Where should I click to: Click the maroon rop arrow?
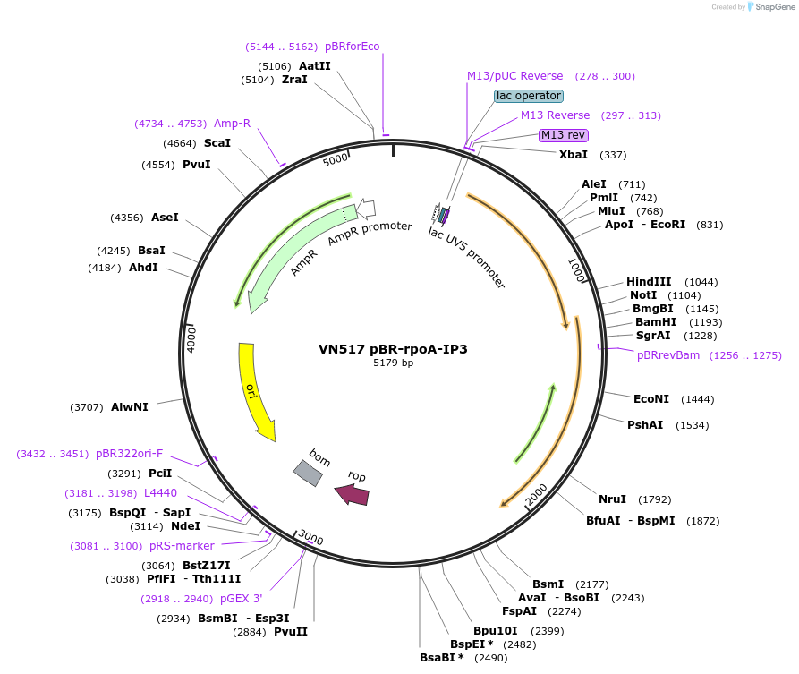352,494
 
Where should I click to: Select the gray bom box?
308,472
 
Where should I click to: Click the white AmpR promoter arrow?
365,209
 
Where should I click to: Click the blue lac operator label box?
529,96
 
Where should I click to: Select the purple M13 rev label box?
564,135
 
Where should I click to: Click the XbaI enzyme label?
574,155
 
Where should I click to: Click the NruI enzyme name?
612,499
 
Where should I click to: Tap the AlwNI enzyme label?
130,407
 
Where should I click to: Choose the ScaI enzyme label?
217,143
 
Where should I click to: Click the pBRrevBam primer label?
668,355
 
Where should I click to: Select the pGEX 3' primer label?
242,599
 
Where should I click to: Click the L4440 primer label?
160,493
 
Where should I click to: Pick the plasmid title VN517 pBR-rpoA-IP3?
393,349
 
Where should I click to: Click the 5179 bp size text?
394,363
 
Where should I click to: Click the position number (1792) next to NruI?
654,499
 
